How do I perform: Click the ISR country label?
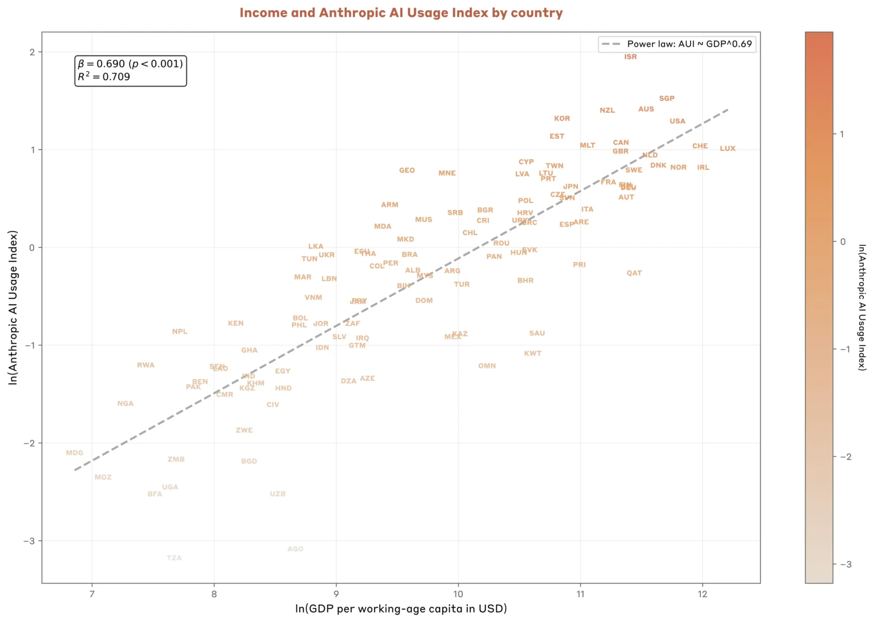pos(630,57)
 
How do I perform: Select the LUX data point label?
pos(727,148)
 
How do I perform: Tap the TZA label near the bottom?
pos(174,558)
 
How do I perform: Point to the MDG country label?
pos(74,453)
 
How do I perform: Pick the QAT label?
pos(634,273)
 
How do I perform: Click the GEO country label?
pos(407,170)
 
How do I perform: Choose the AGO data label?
pos(295,549)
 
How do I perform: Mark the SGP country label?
pos(666,99)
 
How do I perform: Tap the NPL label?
pos(180,331)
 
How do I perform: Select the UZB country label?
pos(277,494)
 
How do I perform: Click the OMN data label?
pos(487,366)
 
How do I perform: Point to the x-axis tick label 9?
pos(336,594)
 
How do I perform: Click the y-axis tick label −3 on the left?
pos(29,541)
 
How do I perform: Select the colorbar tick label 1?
pos(842,134)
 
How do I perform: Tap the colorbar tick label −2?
pos(845,457)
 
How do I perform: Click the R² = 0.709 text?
pos(104,77)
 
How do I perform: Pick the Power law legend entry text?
pos(689,44)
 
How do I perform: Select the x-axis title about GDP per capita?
pos(401,608)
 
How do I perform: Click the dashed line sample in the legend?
pos(611,44)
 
